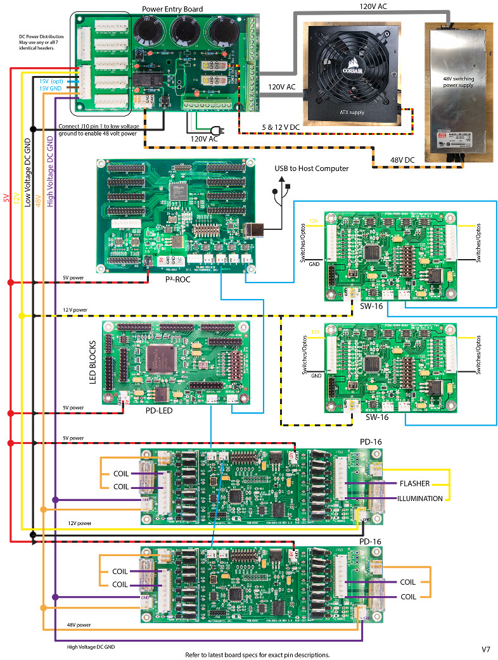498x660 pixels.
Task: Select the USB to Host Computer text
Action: pyautogui.click(x=311, y=168)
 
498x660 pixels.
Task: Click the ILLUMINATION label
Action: pyautogui.click(x=419, y=498)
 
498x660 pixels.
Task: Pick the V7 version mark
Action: pyautogui.click(x=486, y=650)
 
